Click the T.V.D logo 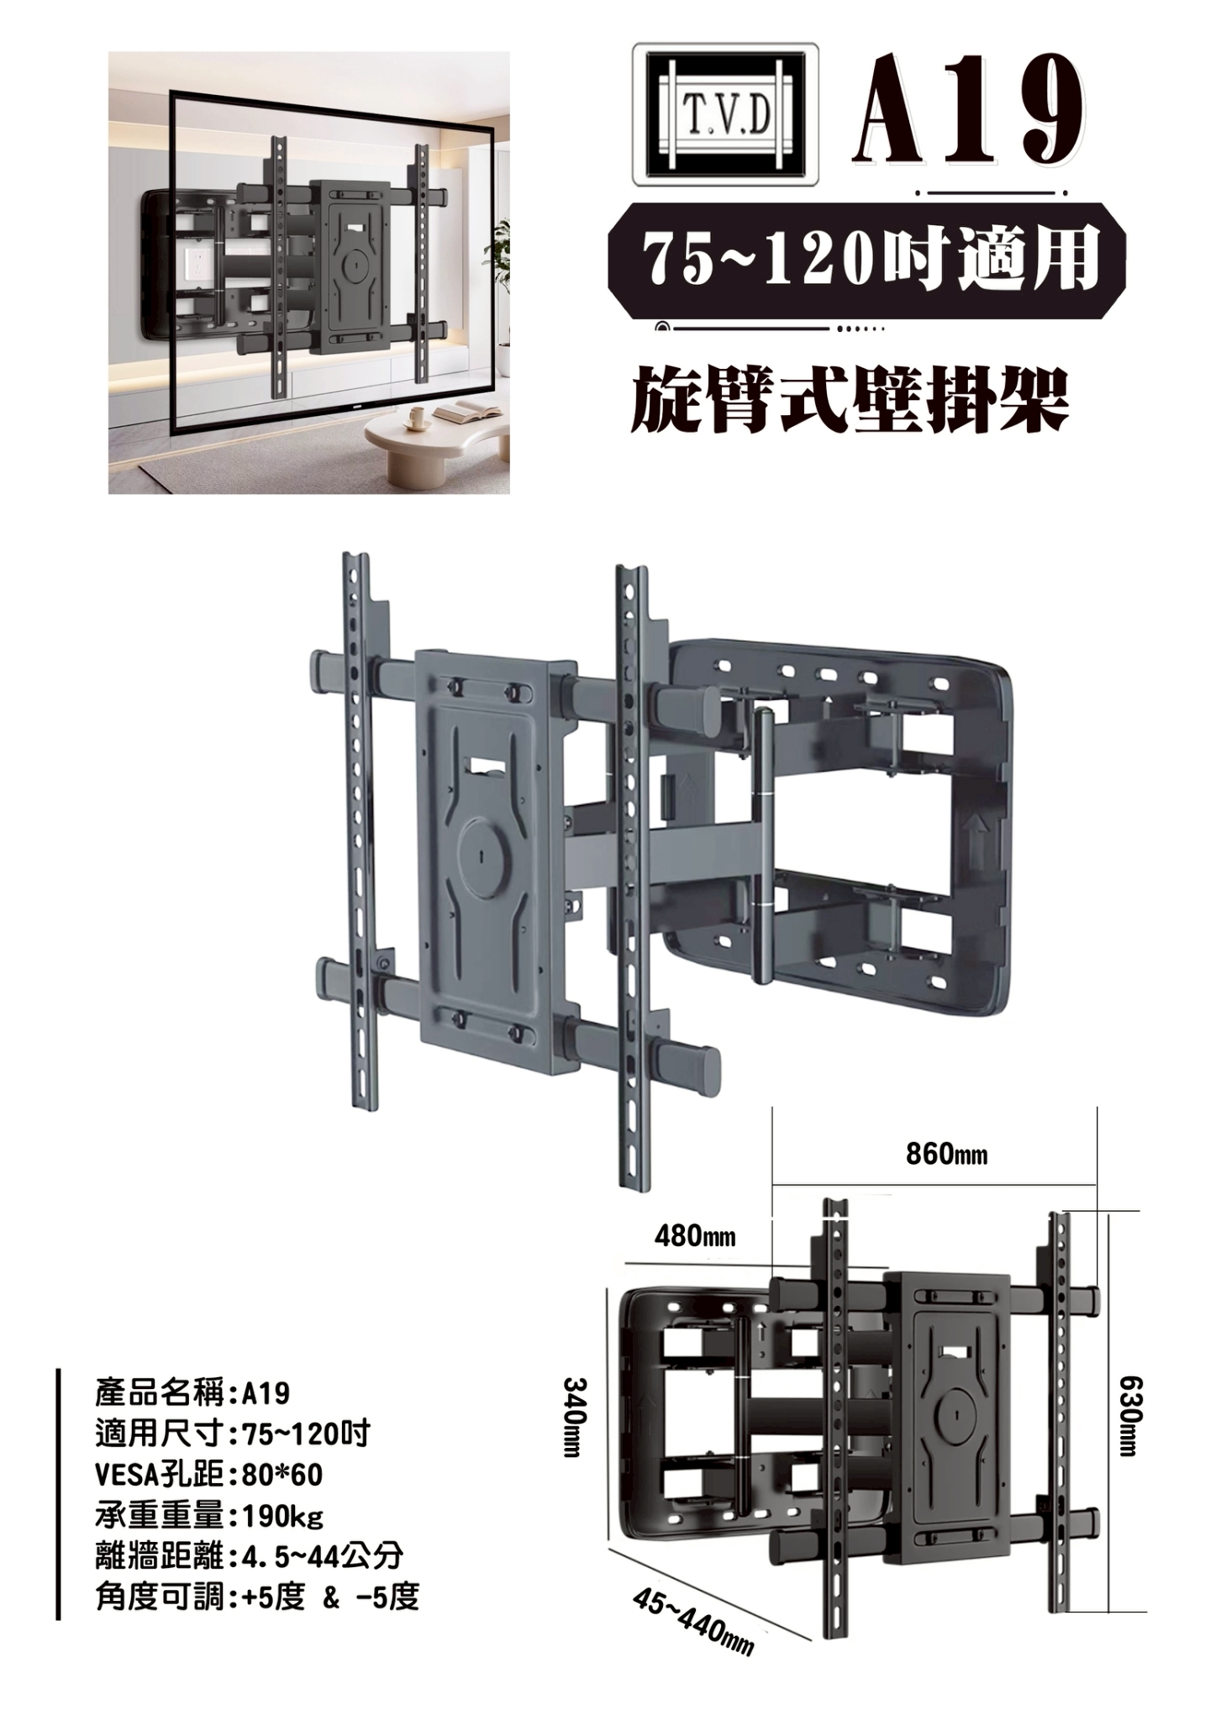click(x=725, y=114)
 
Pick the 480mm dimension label click(x=695, y=1236)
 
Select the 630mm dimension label click(x=1129, y=1417)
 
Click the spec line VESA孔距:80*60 click(x=209, y=1476)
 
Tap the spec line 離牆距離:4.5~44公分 click(x=250, y=1557)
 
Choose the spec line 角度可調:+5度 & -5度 click(x=257, y=1597)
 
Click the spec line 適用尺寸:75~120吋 click(x=233, y=1434)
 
